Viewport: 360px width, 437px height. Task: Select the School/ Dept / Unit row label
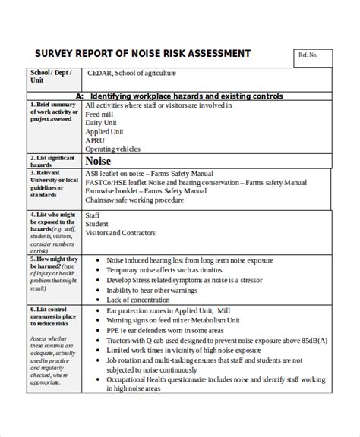(x=51, y=78)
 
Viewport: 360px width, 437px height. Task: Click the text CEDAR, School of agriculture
(x=131, y=74)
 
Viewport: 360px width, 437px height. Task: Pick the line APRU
(x=96, y=140)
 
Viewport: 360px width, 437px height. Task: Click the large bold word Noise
(x=99, y=162)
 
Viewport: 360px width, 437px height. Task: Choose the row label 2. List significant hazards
(x=52, y=162)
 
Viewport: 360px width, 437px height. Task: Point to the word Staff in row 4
(x=94, y=215)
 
